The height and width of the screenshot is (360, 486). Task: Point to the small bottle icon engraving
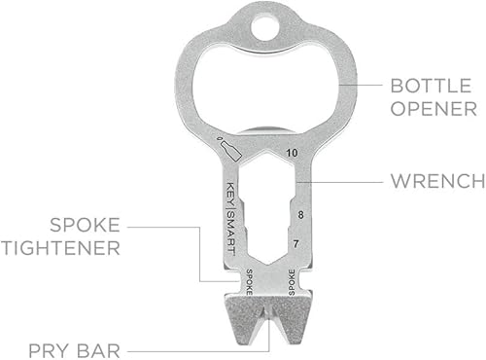click(230, 149)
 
